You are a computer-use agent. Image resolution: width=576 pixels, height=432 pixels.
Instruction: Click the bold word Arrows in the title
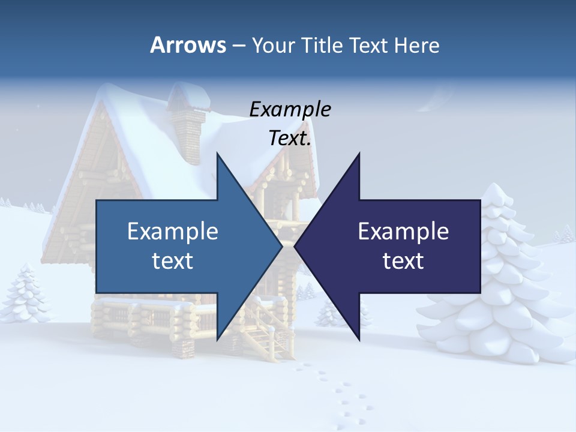coord(187,45)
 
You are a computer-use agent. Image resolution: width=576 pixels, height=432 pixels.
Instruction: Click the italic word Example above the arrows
coord(290,110)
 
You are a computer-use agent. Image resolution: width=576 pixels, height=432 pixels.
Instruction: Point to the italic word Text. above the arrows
coord(290,139)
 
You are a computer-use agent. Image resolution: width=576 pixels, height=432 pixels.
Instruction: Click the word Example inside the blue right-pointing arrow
coord(173,231)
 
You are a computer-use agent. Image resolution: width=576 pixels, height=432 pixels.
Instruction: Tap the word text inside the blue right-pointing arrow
coord(173,260)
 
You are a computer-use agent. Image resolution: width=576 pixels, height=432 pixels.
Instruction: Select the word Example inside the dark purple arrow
coord(403,231)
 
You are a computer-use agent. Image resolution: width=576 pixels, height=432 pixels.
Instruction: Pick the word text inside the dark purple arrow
coord(403,260)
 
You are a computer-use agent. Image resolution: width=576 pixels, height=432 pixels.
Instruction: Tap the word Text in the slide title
coord(370,45)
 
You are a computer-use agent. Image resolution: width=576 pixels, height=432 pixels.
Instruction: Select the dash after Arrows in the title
coord(238,46)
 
